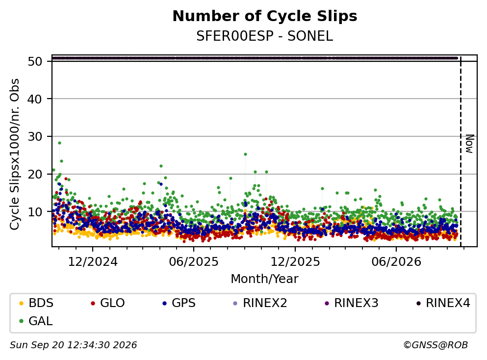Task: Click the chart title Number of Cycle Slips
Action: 265,16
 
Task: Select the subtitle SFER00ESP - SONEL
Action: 265,36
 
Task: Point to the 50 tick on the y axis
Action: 35,61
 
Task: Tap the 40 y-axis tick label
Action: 35,99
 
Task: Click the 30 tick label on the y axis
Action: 35,137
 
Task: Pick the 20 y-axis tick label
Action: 35,174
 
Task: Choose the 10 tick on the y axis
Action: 35,212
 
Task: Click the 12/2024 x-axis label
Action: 93,262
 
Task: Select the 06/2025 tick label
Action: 194,262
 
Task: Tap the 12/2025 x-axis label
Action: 295,262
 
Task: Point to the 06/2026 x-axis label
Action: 396,262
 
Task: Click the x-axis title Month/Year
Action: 265,279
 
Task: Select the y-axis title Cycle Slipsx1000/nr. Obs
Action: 15,154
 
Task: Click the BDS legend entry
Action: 36,303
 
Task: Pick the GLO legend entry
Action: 108,303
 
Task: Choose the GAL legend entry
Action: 36,321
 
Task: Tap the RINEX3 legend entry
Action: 352,303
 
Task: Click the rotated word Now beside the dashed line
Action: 469,144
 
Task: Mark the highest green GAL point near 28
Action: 60,143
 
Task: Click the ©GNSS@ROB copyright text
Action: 436,345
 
